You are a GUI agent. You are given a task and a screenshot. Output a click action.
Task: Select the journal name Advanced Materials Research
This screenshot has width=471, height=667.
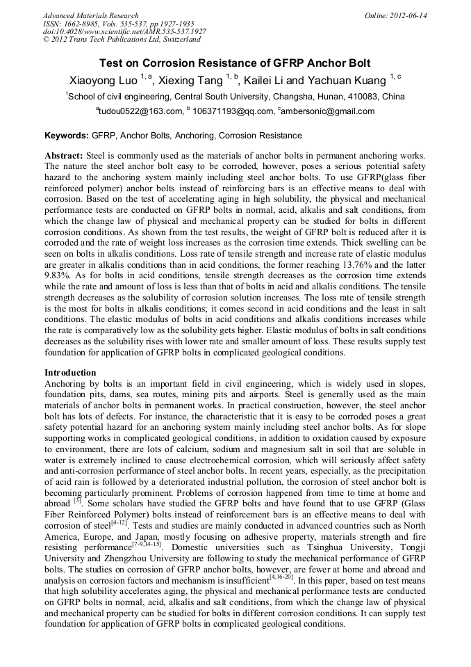click(x=90, y=15)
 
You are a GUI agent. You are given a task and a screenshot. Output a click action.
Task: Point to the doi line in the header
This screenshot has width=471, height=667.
click(x=124, y=31)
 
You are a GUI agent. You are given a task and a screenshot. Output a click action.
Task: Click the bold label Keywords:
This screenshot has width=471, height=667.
click(x=67, y=136)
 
